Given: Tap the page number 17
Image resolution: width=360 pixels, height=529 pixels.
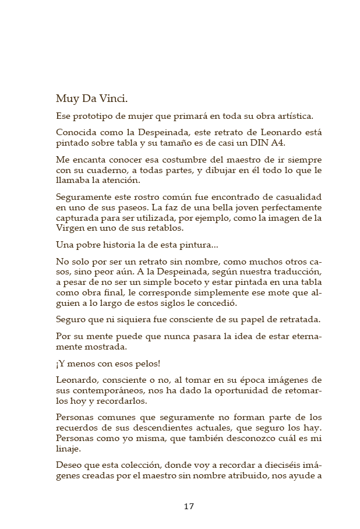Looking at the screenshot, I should coord(189,506).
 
